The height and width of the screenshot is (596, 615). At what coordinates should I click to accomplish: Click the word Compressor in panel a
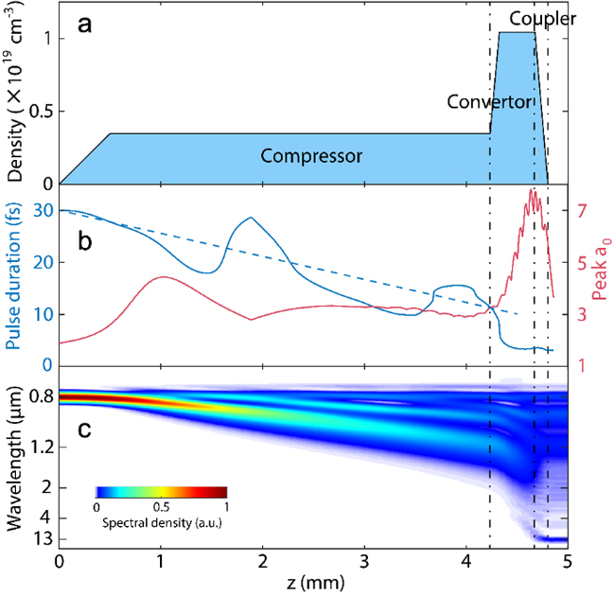(311, 155)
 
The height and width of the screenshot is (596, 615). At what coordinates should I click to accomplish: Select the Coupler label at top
(542, 18)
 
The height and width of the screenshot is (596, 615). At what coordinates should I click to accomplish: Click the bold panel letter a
(84, 26)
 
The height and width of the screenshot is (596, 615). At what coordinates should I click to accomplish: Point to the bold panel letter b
(84, 239)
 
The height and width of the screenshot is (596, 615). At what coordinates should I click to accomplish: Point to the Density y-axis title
(18, 94)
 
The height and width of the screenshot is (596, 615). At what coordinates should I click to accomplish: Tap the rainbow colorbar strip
(162, 492)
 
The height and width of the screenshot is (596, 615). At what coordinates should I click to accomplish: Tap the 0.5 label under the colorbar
(162, 507)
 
